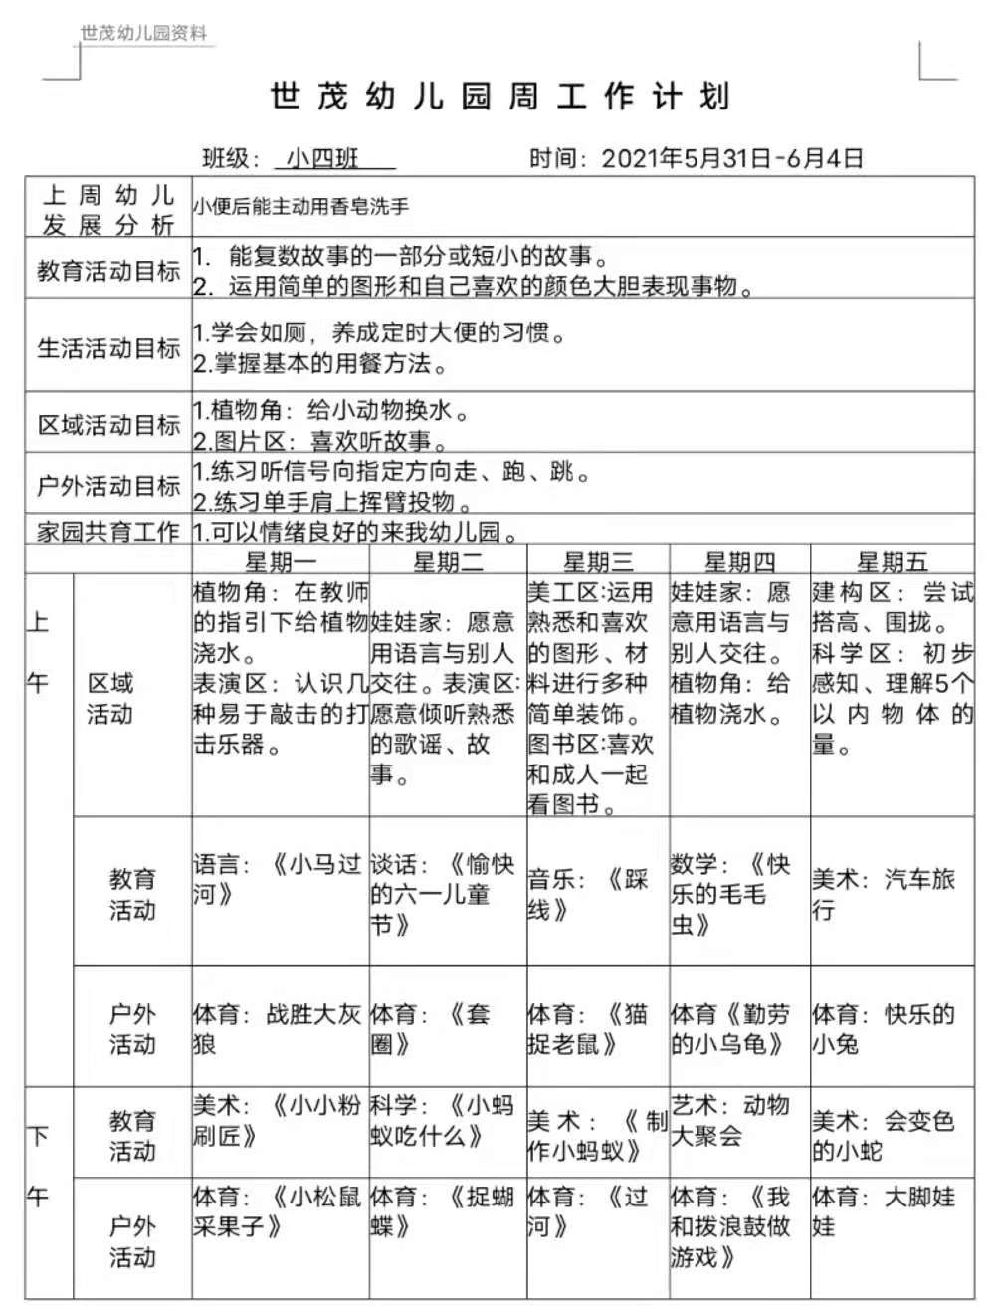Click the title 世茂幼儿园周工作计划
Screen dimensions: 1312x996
pyautogui.click(x=500, y=98)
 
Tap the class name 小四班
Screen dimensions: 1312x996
pyautogui.click(x=323, y=158)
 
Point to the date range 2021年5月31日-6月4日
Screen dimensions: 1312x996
pyautogui.click(x=732, y=158)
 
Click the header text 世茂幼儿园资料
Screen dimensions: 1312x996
pyautogui.click(x=144, y=33)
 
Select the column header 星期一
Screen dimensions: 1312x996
pyautogui.click(x=281, y=562)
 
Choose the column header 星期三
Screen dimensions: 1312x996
pyautogui.click(x=598, y=562)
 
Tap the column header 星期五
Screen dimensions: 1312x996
pyautogui.click(x=892, y=562)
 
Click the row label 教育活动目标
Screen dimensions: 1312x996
pyautogui.click(x=108, y=270)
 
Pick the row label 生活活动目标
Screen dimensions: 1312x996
pyautogui.click(x=108, y=347)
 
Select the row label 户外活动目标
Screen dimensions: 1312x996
pyautogui.click(x=108, y=486)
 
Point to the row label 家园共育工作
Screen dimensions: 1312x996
pyautogui.click(x=108, y=532)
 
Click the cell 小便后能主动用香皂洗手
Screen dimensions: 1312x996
pyautogui.click(x=301, y=207)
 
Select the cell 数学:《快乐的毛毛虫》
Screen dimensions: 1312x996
pyautogui.click(x=731, y=894)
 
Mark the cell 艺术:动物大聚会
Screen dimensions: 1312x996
pyautogui.click(x=730, y=1120)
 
